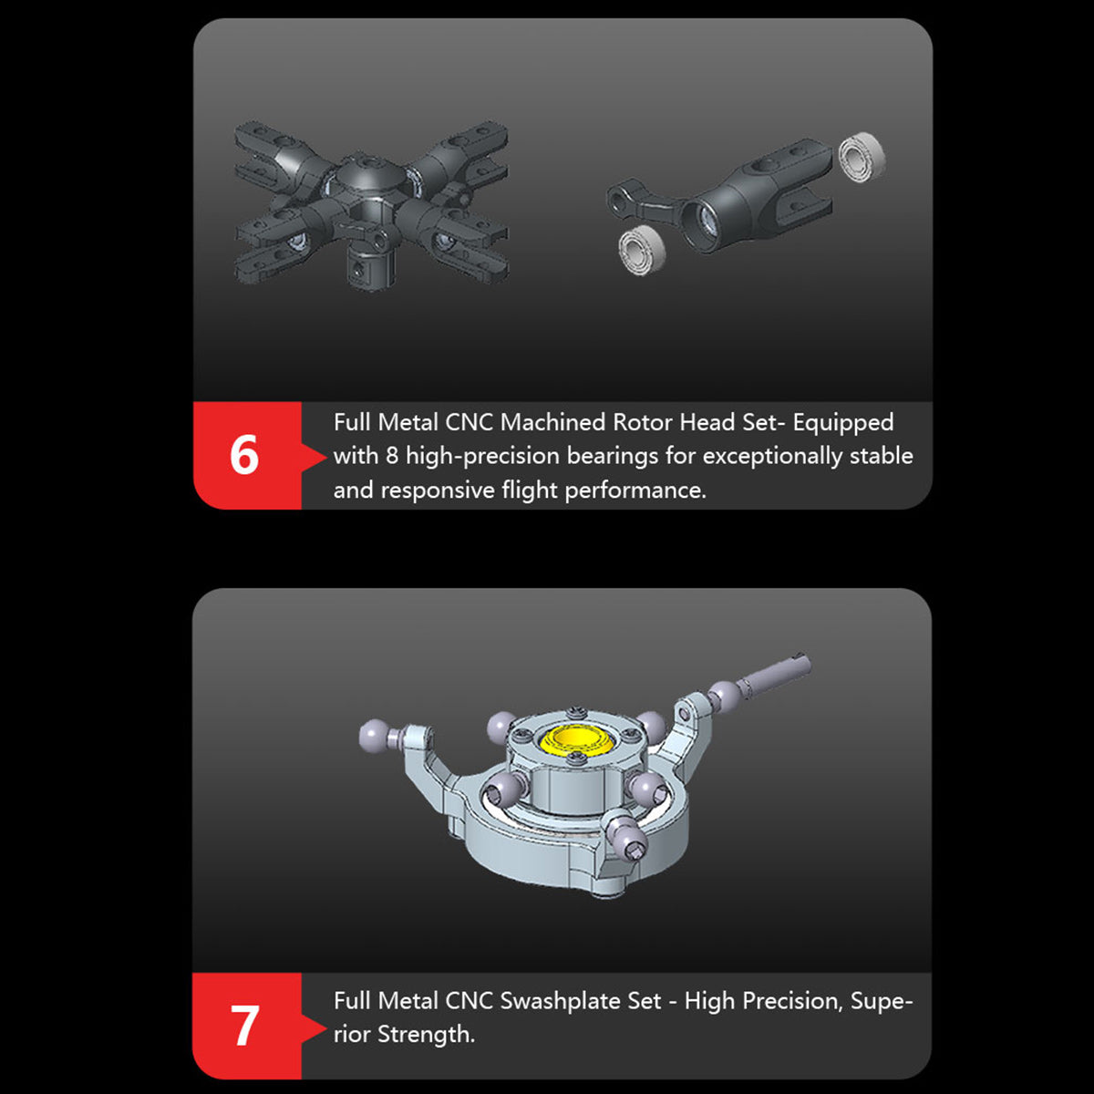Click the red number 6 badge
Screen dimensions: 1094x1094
[x=244, y=455]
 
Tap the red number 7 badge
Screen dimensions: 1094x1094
[x=244, y=1026]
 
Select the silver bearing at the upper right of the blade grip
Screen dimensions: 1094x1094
[x=862, y=156]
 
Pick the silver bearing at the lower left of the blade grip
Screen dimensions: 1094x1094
[x=641, y=250]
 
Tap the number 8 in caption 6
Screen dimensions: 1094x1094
[x=391, y=456]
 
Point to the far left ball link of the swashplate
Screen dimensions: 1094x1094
[x=375, y=732]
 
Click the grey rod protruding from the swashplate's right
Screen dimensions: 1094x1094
[x=775, y=675]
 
